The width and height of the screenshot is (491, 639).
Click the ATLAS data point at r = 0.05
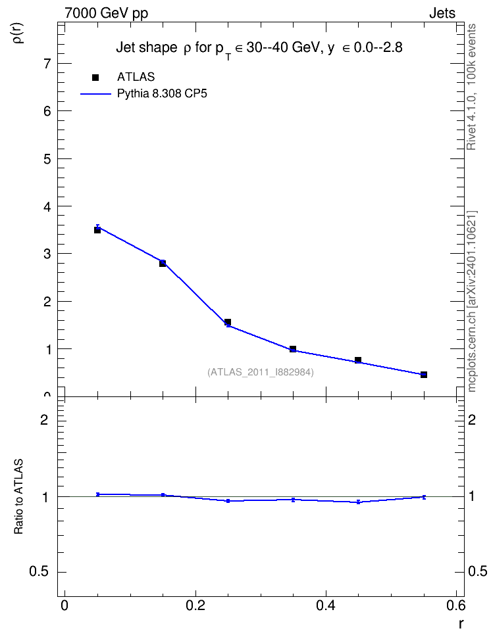point(97,230)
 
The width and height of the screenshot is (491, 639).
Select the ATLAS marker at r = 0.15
point(163,263)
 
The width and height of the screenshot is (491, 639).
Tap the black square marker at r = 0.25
point(228,322)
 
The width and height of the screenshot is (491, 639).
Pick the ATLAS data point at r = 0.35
point(293,349)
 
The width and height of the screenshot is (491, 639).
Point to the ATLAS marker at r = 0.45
point(358,360)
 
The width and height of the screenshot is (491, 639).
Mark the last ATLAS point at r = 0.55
point(424,375)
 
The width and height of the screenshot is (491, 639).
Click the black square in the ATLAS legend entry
point(95,78)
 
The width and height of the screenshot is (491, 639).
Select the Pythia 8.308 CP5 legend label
point(162,94)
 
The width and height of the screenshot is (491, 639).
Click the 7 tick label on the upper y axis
point(47,64)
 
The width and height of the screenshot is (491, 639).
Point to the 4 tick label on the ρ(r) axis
point(47,206)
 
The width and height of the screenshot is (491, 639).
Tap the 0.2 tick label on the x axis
point(195,605)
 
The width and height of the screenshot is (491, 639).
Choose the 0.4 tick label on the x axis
point(326,605)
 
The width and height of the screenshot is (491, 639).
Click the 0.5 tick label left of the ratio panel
point(39,572)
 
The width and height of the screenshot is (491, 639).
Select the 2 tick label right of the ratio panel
point(472,419)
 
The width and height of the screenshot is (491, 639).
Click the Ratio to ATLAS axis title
point(18,496)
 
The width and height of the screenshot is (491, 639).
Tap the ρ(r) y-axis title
point(19,32)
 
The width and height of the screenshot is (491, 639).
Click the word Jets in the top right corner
point(442,13)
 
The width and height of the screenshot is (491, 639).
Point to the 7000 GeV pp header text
point(106,13)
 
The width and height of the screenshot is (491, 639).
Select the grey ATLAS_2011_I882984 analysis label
point(261,372)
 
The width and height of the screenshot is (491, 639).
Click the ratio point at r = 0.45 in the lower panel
point(358,502)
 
